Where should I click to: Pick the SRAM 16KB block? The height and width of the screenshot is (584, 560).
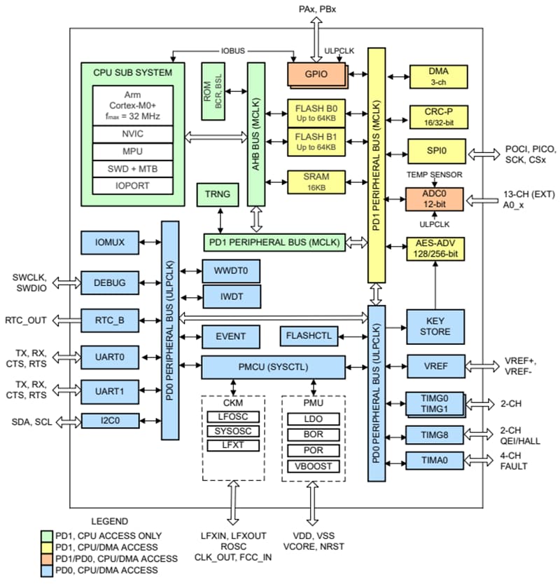coord(316,181)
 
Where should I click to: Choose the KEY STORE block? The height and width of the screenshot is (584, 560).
coord(436,326)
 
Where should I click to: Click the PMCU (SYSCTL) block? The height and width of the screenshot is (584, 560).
coord(273,367)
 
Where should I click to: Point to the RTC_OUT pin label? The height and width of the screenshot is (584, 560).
coord(26,320)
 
